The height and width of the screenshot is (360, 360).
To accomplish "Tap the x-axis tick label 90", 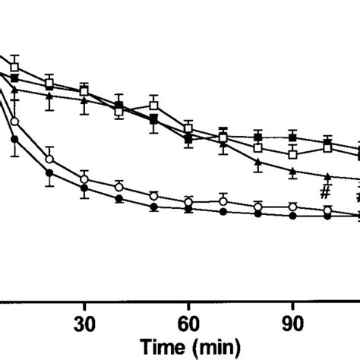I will click(x=292, y=321).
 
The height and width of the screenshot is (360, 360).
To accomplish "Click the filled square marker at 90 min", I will click(x=292, y=137).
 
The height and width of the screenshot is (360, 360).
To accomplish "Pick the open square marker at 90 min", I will click(x=292, y=154).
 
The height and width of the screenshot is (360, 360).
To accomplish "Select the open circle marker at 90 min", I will click(x=292, y=206).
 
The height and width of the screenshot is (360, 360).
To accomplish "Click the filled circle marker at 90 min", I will click(x=292, y=216).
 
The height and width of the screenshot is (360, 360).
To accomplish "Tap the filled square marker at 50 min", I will click(x=153, y=120).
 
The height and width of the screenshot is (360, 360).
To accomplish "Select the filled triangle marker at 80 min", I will click(x=257, y=163).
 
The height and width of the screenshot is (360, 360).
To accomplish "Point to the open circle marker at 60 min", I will click(x=188, y=201).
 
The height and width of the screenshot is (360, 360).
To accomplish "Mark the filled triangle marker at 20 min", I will click(x=49, y=97).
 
